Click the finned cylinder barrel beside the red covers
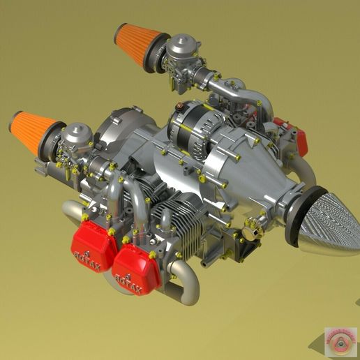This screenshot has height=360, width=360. [182, 216]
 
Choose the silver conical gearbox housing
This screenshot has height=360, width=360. [258, 174]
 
